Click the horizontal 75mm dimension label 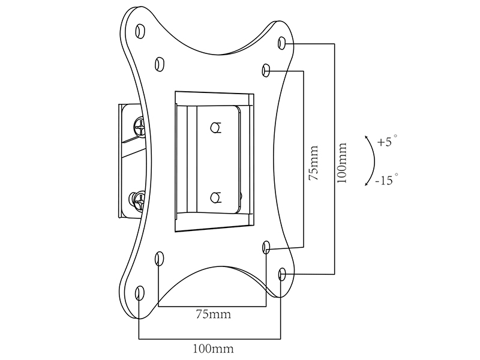pos(212,314)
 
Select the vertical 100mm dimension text pos(342,161)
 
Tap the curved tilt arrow pos(373,161)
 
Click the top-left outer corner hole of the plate pos(140,29)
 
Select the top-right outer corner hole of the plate pos(283,43)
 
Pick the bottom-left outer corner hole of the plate pos(140,293)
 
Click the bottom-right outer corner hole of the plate pos(283,275)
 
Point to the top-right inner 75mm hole pos(266,71)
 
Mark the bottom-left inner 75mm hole pos(159,259)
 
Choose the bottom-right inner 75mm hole pos(266,247)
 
